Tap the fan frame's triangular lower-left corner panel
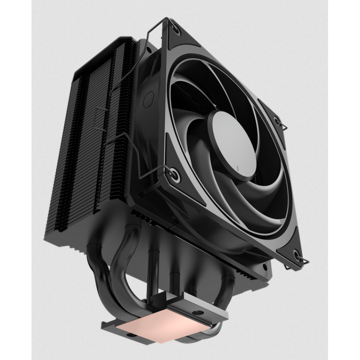point(160,178)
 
